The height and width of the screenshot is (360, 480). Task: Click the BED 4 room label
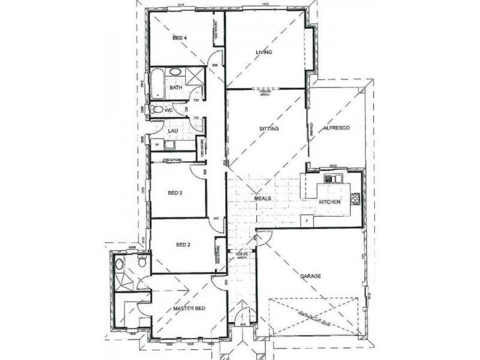coord(180,38)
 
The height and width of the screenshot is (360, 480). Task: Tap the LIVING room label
coord(264,52)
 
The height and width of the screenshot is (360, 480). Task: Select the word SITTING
coord(268,129)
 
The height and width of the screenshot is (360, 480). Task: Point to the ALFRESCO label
coord(336,129)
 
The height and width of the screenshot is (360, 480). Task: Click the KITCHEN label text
coord(329,202)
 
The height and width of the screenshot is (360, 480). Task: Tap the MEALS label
coord(263,198)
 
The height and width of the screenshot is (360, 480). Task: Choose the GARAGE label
coord(311,277)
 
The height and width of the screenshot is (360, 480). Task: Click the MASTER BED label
coord(189,308)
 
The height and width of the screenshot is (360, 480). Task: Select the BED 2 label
coord(183,245)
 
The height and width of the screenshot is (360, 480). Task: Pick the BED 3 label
coord(175,193)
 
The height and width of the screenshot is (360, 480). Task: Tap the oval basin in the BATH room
coord(175,72)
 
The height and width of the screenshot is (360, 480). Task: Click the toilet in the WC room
coord(157,110)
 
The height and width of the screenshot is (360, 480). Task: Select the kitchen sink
coord(333,178)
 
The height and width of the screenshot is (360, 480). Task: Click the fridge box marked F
coord(308,220)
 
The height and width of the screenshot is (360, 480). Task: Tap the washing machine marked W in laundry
coord(157,145)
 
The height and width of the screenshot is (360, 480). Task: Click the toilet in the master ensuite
coord(142,262)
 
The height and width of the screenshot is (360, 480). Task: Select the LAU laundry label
coord(172,130)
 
